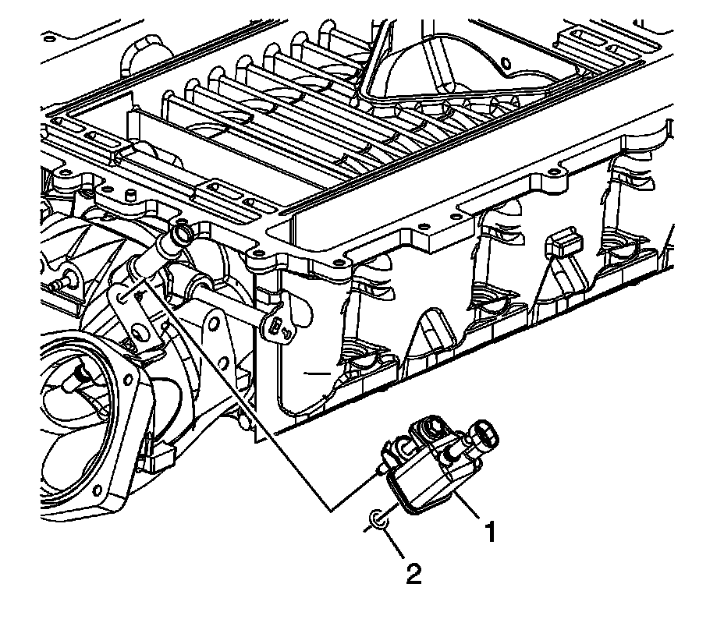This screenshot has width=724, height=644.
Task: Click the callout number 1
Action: pos(490,533)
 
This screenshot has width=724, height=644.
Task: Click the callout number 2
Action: pos(413,575)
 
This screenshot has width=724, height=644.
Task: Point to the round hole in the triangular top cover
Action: pos(505,60)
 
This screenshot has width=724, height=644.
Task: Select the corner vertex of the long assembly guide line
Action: pos(331,511)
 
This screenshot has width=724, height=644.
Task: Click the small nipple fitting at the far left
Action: pos(61,282)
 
